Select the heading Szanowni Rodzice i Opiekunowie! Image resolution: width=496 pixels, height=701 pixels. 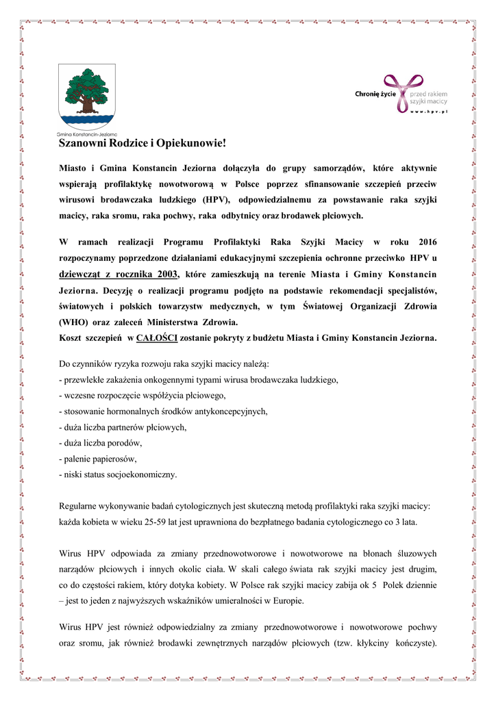coord(142,144)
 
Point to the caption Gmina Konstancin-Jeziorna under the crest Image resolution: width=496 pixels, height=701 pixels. coord(87,134)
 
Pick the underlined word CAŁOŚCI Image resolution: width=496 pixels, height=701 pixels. coord(158,338)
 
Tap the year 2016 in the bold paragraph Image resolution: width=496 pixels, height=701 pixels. coord(424,243)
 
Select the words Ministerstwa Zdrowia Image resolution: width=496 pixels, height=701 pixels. coord(203,322)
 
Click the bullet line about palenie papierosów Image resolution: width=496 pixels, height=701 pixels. coord(99,459)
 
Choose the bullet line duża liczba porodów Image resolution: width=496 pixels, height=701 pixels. coord(101,443)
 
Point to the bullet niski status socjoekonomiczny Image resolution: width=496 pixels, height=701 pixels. coord(119,474)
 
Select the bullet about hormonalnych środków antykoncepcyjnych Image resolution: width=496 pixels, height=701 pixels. coord(164,411)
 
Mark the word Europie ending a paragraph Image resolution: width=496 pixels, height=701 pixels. coord(288,601)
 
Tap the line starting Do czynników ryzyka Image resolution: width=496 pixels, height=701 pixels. coord(164,362)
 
